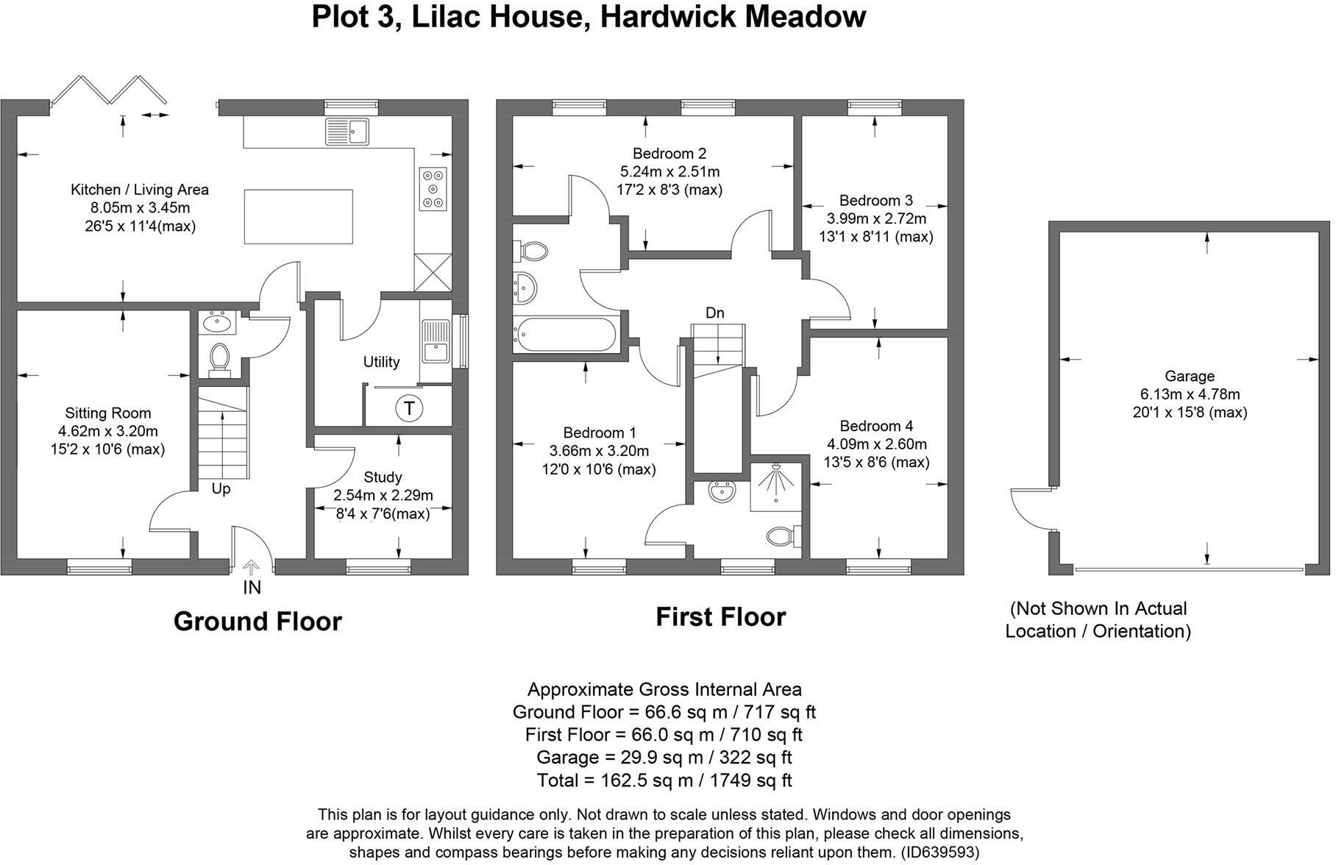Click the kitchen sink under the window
tap(347, 132)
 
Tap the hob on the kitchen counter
tap(433, 189)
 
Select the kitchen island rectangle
tap(298, 216)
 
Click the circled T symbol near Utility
tap(409, 407)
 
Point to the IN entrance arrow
tap(252, 568)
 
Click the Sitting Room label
tap(107, 413)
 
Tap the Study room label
tap(383, 477)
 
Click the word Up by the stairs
tap(221, 489)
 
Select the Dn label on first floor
tap(714, 313)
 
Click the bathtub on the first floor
tap(566, 335)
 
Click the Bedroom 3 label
tap(875, 200)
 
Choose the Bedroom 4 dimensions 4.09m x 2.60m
tap(876, 444)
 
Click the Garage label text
tap(1189, 376)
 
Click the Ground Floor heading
tap(257, 622)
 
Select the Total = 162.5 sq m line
tap(664, 780)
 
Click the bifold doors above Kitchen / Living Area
tap(110, 90)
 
